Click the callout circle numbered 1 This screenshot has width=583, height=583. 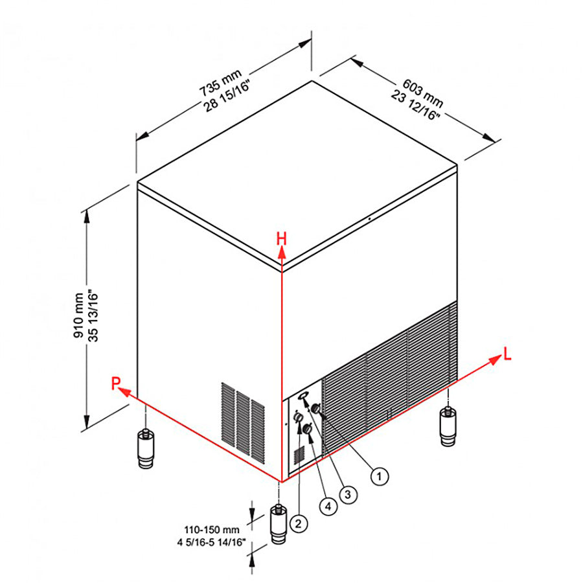379,476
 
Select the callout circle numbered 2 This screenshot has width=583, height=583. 298,523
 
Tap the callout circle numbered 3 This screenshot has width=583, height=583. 348,494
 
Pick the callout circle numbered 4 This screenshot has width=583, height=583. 328,506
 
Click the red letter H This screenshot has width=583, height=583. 282,238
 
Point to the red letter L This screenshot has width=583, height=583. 507,354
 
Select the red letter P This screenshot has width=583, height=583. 116,383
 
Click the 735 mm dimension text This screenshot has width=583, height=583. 220,82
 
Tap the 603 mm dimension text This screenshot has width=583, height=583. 423,92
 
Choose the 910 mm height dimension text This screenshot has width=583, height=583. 79,315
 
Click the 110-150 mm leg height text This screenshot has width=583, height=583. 212,529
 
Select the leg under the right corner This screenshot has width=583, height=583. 448,426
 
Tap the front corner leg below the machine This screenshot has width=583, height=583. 279,524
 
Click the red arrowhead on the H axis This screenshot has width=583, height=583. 282,253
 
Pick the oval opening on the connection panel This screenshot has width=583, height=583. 303,395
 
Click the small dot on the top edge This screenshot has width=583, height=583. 369,219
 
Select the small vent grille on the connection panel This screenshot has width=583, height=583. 299,455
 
